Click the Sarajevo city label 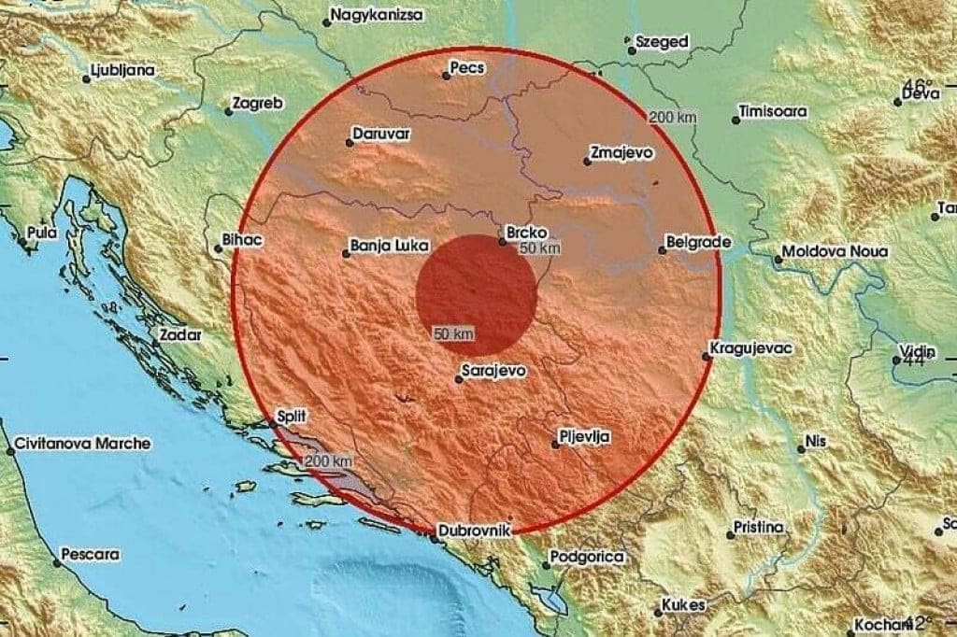tap(496, 371)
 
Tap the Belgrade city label tap(698, 242)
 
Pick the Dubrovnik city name tap(477, 531)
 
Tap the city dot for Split tap(273, 423)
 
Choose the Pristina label tap(758, 528)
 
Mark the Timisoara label tap(773, 111)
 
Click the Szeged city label tap(662, 42)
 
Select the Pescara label tap(91, 555)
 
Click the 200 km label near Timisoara tap(673, 117)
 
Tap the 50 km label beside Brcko tap(540, 248)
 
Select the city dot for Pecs tap(447, 76)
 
